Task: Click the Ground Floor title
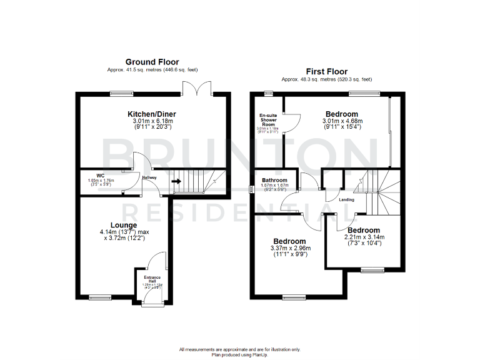pyautogui.click(x=152, y=62)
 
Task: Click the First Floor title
pyautogui.click(x=326, y=71)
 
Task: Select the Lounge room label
pyautogui.click(x=124, y=225)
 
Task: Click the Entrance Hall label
pyautogui.click(x=152, y=279)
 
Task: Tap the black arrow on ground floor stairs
pyautogui.click(x=177, y=182)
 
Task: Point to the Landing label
pyautogui.click(x=346, y=200)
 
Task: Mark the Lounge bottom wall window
pyautogui.click(x=97, y=296)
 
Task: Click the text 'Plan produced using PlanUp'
pyautogui.click(x=240, y=354)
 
